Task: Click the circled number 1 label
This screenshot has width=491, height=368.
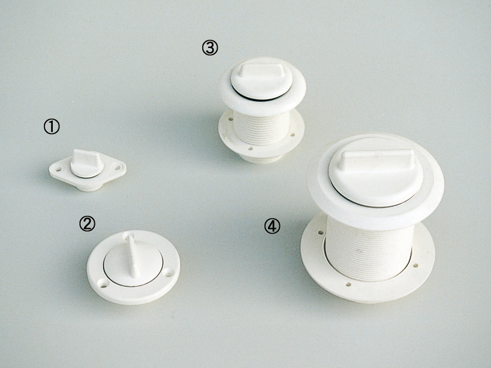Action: tap(52, 127)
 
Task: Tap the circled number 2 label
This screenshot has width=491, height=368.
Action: tap(87, 224)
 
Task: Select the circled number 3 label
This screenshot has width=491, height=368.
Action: tap(210, 48)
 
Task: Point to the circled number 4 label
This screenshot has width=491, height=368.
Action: tap(272, 226)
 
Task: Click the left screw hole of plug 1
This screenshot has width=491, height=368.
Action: tap(58, 169)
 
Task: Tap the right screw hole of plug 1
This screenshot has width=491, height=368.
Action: tap(117, 168)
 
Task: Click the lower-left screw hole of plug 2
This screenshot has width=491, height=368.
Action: tap(103, 284)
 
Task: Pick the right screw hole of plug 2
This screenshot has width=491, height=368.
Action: tap(169, 272)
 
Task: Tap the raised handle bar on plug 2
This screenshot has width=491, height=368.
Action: tap(132, 256)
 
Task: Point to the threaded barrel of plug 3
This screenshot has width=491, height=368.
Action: tap(262, 127)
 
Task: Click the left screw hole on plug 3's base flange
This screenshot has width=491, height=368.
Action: tap(231, 119)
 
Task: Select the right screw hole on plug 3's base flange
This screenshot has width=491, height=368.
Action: tap(292, 135)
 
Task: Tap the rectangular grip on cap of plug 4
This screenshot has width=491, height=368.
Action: tap(377, 159)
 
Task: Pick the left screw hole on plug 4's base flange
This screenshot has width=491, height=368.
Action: tap(320, 233)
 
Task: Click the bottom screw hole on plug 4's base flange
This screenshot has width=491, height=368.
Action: tap(348, 284)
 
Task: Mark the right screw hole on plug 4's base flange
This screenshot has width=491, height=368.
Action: tap(415, 265)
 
